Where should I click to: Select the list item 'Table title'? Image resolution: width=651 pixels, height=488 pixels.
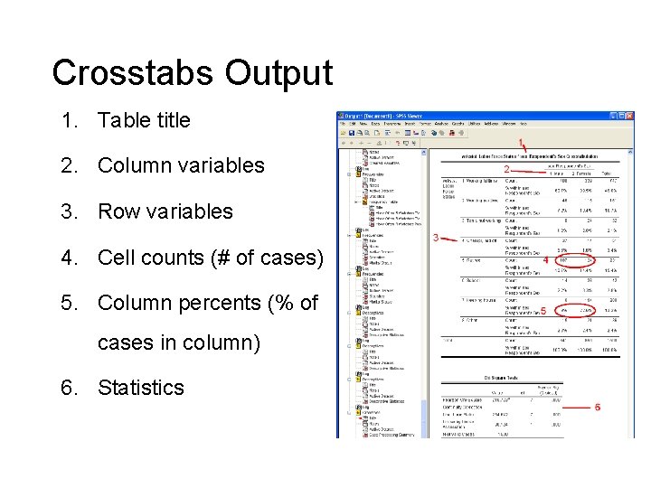(144, 120)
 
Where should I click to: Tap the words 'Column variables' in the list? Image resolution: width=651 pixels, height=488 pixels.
(181, 165)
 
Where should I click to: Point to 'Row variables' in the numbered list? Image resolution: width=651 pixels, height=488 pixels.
(165, 211)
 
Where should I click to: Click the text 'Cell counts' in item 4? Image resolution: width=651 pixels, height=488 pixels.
(156, 258)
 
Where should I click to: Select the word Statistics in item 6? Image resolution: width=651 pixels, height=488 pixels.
(140, 388)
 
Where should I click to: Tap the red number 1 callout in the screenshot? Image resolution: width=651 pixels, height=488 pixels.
(523, 144)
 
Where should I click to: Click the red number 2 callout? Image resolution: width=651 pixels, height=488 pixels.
(506, 169)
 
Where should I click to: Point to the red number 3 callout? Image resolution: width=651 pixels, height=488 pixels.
(437, 239)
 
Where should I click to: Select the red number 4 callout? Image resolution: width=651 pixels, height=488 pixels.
(545, 260)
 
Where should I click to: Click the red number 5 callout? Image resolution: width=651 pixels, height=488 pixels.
(543, 311)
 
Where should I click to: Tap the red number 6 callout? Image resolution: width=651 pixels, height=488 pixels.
(598, 408)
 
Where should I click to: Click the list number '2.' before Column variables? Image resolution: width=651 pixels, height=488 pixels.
(69, 165)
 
